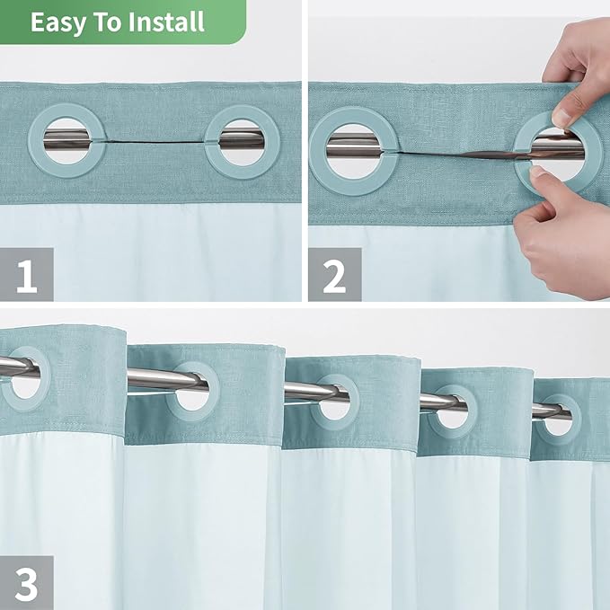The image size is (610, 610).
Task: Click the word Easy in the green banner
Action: [x=60, y=22]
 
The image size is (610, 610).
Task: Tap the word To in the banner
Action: [x=111, y=22]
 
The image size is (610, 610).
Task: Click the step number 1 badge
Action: [x=26, y=275]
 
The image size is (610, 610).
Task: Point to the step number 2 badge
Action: [x=334, y=275]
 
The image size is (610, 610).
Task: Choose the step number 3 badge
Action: [x=26, y=583]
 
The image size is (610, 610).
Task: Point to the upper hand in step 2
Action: [x=579, y=72]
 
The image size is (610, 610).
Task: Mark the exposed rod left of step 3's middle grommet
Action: [x=301, y=390]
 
